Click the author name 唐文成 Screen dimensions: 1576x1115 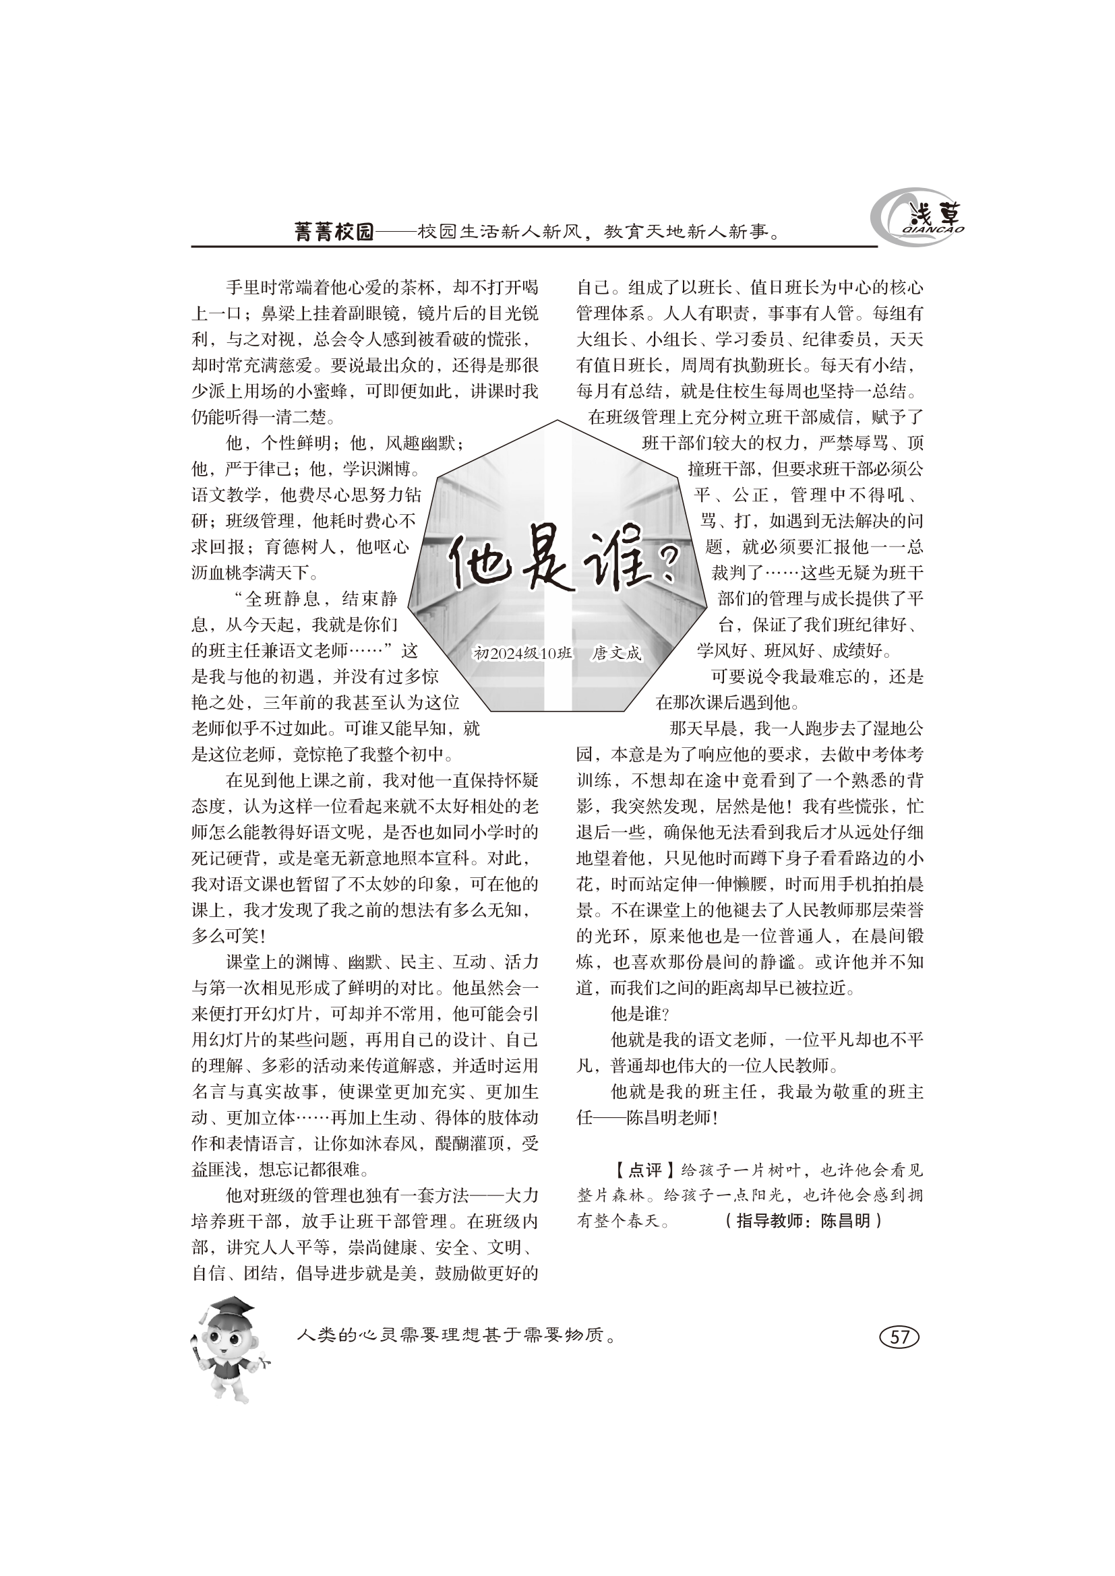[617, 654]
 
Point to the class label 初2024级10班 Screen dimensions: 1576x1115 [522, 654]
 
